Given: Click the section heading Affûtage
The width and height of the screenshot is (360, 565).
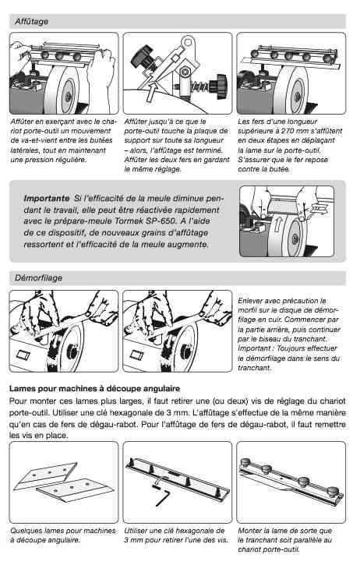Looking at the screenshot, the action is (x=32, y=22).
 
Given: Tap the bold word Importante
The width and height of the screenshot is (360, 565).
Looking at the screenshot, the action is (x=47, y=198).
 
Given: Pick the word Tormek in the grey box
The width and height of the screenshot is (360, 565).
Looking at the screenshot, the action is (x=131, y=221).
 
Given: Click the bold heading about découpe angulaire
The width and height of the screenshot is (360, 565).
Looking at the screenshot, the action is (x=94, y=389).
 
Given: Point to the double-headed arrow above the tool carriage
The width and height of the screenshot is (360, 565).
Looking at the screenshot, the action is (x=70, y=45).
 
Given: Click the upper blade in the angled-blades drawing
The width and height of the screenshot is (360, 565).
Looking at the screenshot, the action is (x=45, y=475).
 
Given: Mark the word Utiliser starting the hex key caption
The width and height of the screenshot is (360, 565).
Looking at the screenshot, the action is (x=136, y=531).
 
